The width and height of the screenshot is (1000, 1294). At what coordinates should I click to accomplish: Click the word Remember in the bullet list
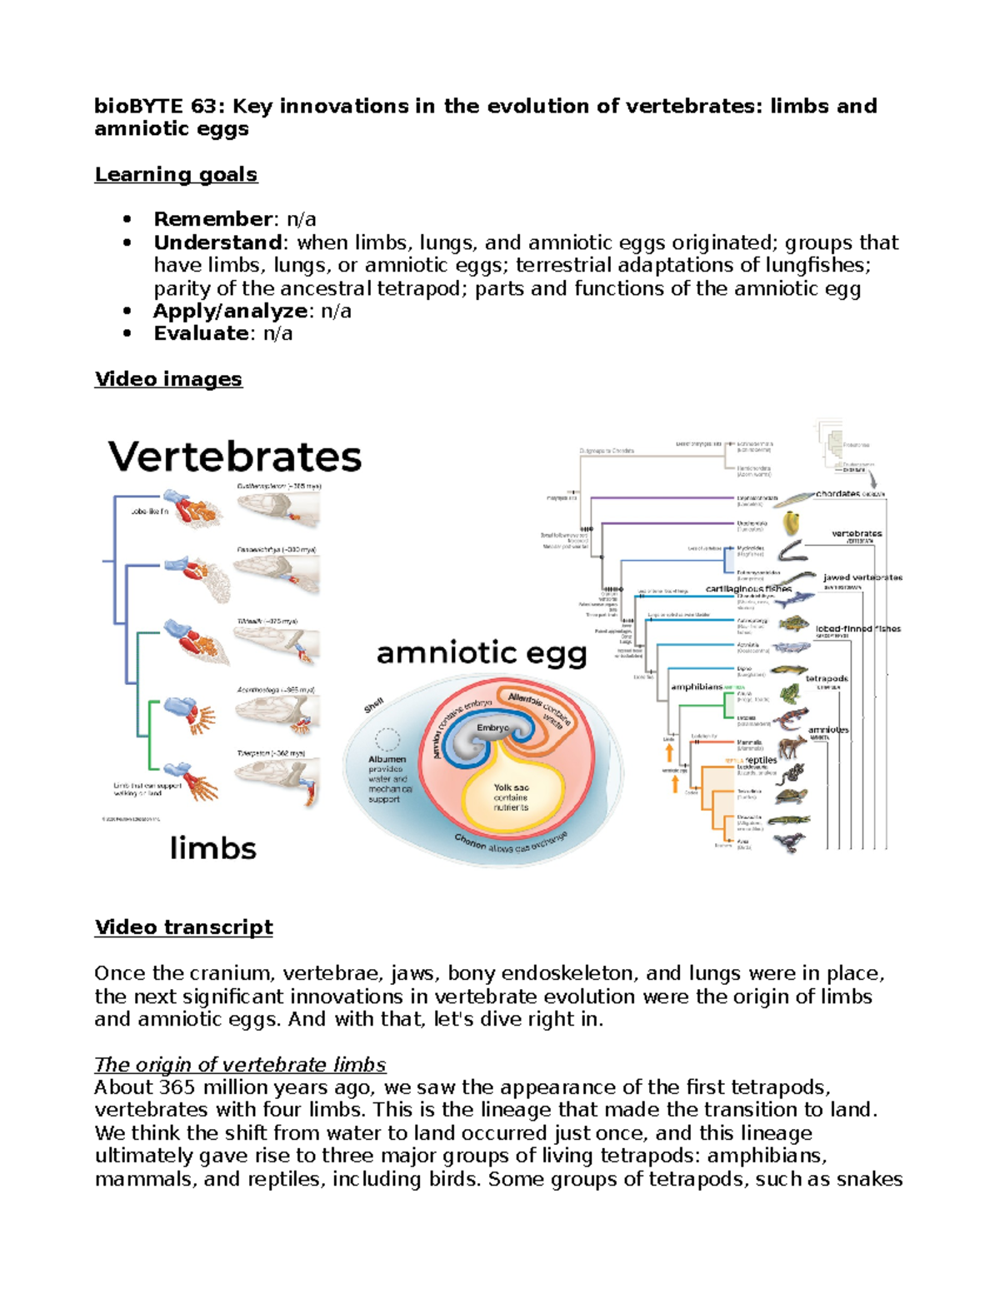[212, 219]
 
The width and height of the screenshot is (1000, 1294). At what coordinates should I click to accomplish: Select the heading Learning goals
[176, 174]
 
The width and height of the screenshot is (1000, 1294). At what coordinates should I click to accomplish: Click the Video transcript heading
[183, 927]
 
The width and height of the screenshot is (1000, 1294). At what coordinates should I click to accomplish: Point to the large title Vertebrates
[235, 457]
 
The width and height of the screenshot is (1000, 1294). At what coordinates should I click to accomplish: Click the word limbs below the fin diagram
[212, 848]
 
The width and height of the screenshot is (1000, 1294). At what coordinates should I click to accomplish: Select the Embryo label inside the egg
[492, 727]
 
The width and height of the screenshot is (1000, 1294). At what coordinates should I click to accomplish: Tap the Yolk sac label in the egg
[511, 787]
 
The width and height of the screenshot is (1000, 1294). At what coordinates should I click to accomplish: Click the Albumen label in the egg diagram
[387, 759]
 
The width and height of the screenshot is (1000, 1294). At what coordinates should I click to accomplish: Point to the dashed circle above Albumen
[387, 739]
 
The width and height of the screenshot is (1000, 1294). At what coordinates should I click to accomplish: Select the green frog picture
[788, 693]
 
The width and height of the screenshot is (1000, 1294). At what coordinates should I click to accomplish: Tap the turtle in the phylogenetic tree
[791, 796]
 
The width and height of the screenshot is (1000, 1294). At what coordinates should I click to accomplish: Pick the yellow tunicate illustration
[791, 523]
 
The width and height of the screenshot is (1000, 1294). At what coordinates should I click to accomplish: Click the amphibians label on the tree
[697, 687]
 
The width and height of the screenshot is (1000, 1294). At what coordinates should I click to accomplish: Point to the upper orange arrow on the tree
[668, 753]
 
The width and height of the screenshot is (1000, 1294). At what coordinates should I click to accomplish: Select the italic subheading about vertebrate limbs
[240, 1064]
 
